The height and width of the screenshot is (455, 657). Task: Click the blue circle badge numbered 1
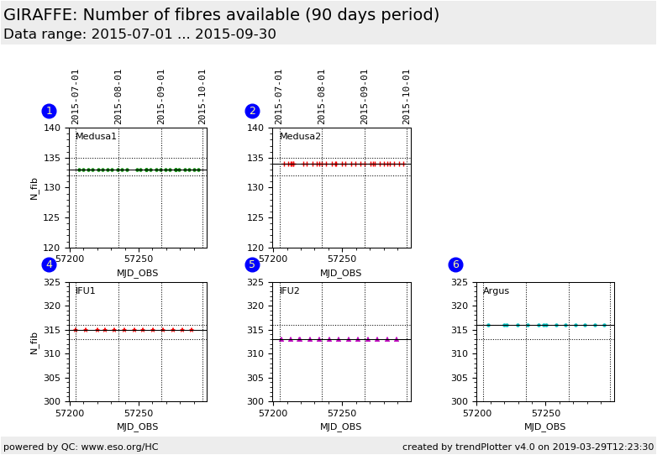click(49, 111)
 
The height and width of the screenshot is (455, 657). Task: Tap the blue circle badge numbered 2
click(252, 111)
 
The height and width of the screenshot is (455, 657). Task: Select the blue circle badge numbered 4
click(49, 264)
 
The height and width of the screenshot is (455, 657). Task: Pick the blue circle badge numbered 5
click(252, 264)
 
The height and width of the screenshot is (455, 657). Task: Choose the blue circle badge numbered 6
click(455, 264)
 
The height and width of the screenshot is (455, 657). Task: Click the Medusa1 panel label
click(96, 137)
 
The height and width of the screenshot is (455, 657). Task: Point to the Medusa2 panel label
click(300, 137)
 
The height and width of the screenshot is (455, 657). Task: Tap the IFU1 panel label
click(86, 291)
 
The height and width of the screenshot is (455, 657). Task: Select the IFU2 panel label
click(290, 291)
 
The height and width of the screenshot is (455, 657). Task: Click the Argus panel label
click(496, 291)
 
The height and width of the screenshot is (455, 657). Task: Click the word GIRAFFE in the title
click(39, 15)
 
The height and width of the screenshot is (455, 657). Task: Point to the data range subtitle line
click(139, 34)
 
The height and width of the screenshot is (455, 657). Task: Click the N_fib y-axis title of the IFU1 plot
click(34, 342)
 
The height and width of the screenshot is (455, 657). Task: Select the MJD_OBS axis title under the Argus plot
click(545, 426)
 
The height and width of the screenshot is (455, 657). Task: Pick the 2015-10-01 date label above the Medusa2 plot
click(407, 97)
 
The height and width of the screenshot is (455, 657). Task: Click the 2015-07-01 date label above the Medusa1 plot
click(76, 97)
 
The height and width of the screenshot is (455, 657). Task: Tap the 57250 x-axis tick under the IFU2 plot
click(342, 413)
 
